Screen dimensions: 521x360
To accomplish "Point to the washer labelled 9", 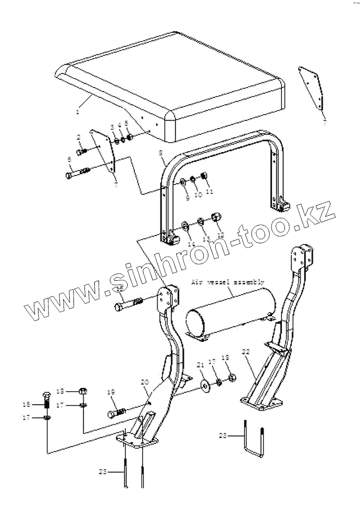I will [184, 182].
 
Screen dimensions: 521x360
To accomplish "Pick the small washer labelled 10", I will [193, 179].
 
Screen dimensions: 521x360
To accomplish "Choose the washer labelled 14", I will [184, 226].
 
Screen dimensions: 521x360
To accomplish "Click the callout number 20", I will [145, 382].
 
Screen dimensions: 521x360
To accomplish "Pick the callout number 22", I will [246, 352].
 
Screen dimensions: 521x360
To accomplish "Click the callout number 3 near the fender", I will [112, 127].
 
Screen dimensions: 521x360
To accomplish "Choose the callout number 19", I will [110, 392].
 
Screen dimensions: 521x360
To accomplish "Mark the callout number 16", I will [38, 404].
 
